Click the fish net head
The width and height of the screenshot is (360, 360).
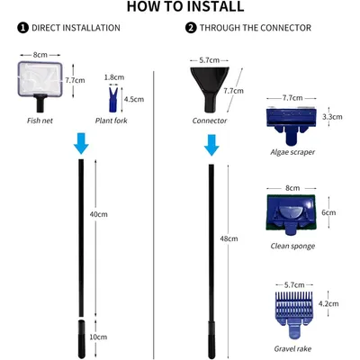tap(40, 79)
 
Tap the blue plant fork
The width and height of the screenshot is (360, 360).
tap(113, 100)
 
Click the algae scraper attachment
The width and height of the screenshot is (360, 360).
tap(292, 124)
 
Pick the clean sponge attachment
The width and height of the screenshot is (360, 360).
tap(291, 214)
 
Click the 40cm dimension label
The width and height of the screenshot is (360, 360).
tap(98, 214)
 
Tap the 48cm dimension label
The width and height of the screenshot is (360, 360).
tap(229, 238)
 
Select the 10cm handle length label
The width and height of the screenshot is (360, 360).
tap(98, 337)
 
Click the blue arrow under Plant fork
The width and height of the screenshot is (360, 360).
tap(81, 144)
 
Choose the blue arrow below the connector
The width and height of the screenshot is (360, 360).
tap(211, 145)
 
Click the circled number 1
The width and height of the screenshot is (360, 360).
tap(22, 28)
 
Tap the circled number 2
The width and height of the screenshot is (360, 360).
tap(191, 28)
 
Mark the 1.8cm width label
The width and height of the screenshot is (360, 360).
tap(114, 77)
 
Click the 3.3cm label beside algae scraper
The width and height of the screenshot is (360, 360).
tap(332, 117)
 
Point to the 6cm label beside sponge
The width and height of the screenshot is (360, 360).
tap(328, 212)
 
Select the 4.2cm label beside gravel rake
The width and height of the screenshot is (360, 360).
tap(328, 303)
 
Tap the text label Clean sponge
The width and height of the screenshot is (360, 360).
tap(292, 246)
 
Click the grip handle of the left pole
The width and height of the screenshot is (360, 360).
tap(81, 339)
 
